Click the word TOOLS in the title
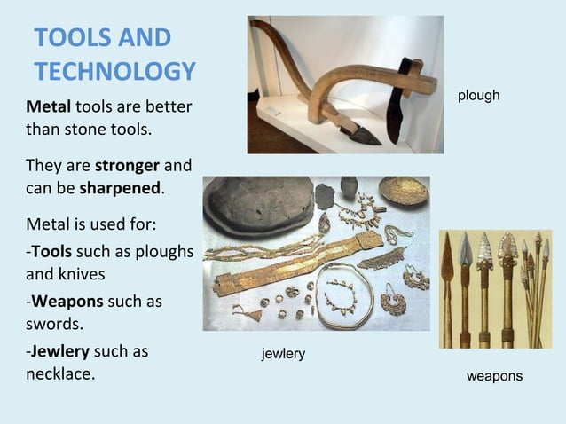[75, 39]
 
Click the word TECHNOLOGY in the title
[114, 72]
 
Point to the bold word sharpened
[121, 187]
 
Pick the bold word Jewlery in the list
[61, 350]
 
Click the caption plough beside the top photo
[479, 95]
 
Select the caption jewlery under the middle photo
[283, 354]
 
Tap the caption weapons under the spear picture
[494, 376]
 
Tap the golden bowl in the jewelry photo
[404, 190]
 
